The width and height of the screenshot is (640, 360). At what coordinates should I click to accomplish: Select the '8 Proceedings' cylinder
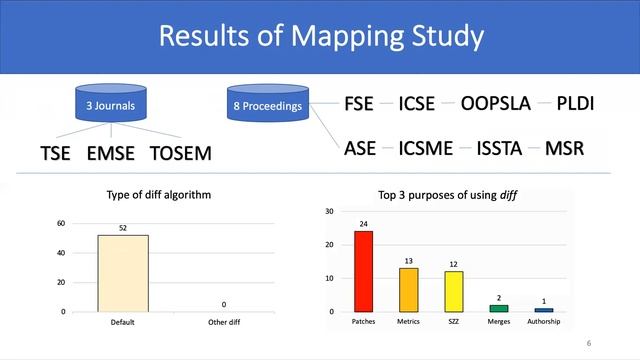[x=266, y=104]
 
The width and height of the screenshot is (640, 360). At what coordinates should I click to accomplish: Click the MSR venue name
[x=564, y=149]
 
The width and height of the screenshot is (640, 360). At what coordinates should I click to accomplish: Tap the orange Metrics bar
[x=409, y=289]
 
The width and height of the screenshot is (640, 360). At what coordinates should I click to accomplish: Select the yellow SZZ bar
[x=453, y=291]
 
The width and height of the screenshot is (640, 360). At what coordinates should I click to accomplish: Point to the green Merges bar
[x=498, y=308]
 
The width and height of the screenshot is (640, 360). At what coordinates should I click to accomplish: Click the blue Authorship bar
[x=543, y=310]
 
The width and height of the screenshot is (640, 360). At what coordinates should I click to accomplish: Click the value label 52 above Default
[x=123, y=229]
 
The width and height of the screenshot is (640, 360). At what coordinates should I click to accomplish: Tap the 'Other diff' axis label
[x=224, y=322]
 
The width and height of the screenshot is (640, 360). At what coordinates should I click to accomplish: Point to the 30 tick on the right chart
[x=330, y=212]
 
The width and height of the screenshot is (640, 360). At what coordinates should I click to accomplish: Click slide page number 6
[x=589, y=343]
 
